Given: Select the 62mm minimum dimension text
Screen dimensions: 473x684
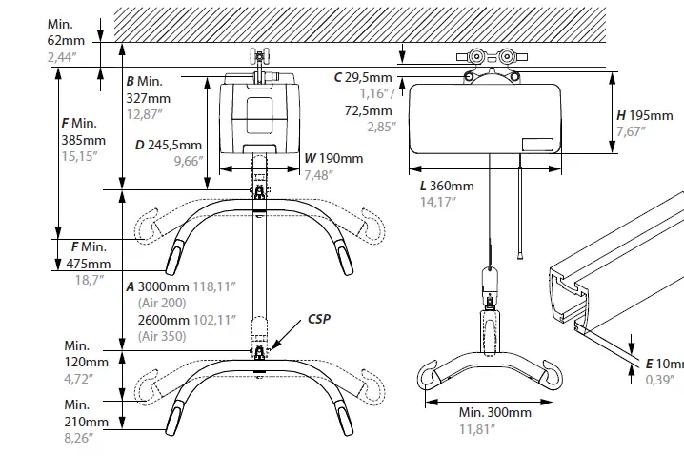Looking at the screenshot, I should click(x=66, y=41).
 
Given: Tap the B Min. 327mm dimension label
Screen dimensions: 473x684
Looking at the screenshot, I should click(x=149, y=89).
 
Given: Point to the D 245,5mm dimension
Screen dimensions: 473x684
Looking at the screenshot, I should click(x=168, y=146).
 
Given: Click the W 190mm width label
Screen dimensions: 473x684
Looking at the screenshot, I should click(x=329, y=158).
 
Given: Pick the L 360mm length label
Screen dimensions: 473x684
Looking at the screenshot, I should click(x=446, y=186).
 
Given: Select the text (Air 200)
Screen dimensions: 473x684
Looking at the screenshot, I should click(x=162, y=303).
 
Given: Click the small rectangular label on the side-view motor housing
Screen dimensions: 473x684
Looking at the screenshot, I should click(x=536, y=146).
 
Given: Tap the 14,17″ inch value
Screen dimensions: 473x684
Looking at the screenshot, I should click(x=440, y=201).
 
